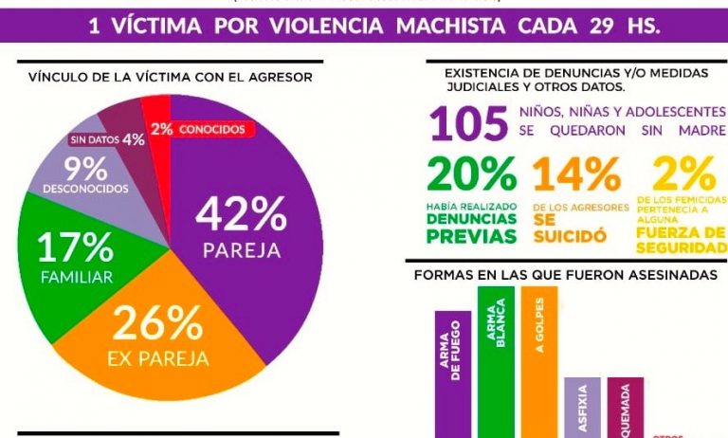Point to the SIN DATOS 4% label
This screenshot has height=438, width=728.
pos(107,140)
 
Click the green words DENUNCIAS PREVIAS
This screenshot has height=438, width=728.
pos(471,228)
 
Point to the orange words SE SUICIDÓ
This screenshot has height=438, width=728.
pos(569,228)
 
